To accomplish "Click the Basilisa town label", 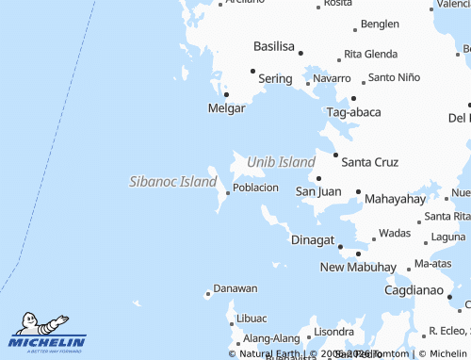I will pos(274,45).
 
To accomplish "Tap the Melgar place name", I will pos(226,108).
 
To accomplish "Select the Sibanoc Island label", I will pos(172,181).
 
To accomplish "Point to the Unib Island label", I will pos(281,162).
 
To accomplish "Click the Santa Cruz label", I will pos(370,162).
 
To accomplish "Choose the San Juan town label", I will pos(318,191).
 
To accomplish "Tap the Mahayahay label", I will pos(395,199).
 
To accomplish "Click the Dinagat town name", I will pos(313,240).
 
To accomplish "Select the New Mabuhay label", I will pos(358,268).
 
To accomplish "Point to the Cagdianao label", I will pos(414,291).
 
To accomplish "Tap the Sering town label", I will pos(275,79).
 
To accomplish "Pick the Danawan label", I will pos(235,288).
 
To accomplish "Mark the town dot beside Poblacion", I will pos(228,193).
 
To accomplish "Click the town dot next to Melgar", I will pos(226,94).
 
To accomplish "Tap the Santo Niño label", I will pos(394,77).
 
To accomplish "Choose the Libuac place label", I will pos(252,319).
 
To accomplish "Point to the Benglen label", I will pos(380,24).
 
